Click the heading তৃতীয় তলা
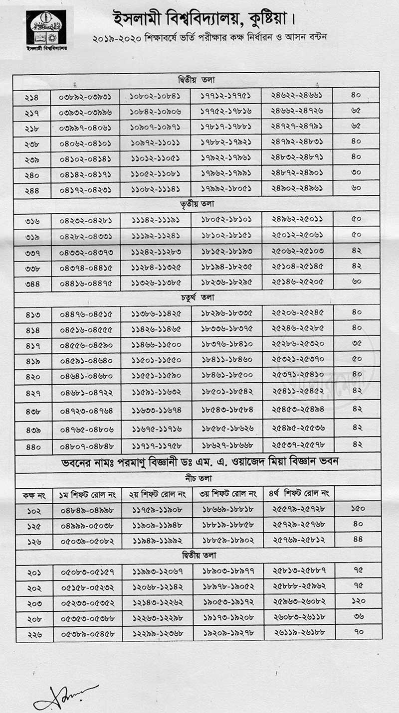pos(196,204)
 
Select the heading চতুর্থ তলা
pos(196,297)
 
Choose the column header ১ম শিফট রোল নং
pos(87,494)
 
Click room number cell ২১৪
pos(31,96)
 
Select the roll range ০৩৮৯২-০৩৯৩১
pos(85,96)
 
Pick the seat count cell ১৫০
pos(358,509)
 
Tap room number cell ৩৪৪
pos(32,284)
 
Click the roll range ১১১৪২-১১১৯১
pos(156,220)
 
